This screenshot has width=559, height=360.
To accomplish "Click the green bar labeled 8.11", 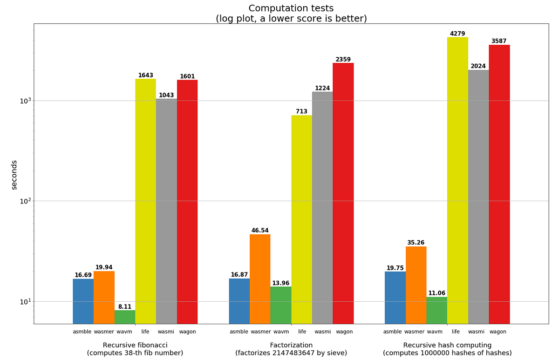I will point(125,317).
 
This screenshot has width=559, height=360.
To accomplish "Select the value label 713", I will point(301,111).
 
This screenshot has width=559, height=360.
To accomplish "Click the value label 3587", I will point(499,41).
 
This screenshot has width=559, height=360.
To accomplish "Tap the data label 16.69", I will point(83,275).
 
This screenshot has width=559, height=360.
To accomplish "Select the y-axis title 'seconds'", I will point(14,175).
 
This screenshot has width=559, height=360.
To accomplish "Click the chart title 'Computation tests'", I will point(291,8).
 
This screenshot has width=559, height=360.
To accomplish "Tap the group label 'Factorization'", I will point(291,345).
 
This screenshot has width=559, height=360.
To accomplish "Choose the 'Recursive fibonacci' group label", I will point(135,345).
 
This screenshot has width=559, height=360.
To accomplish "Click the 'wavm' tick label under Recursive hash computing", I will point(435,332).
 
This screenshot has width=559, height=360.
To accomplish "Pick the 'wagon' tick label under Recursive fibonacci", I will point(187,332).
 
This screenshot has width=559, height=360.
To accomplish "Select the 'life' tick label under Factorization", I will point(302,332).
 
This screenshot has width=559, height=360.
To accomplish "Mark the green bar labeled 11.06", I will point(436,310).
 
